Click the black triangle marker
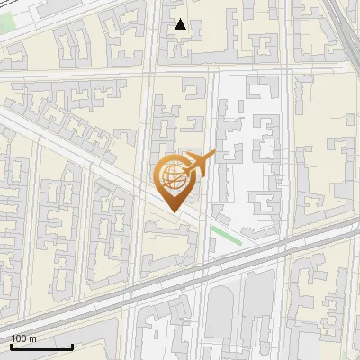[181, 24]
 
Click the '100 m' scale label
[23, 338]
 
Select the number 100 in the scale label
[19, 338]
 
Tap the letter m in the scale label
[32, 338]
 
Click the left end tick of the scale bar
[11, 346]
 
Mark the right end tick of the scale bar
[72, 346]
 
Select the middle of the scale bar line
[41, 347]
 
